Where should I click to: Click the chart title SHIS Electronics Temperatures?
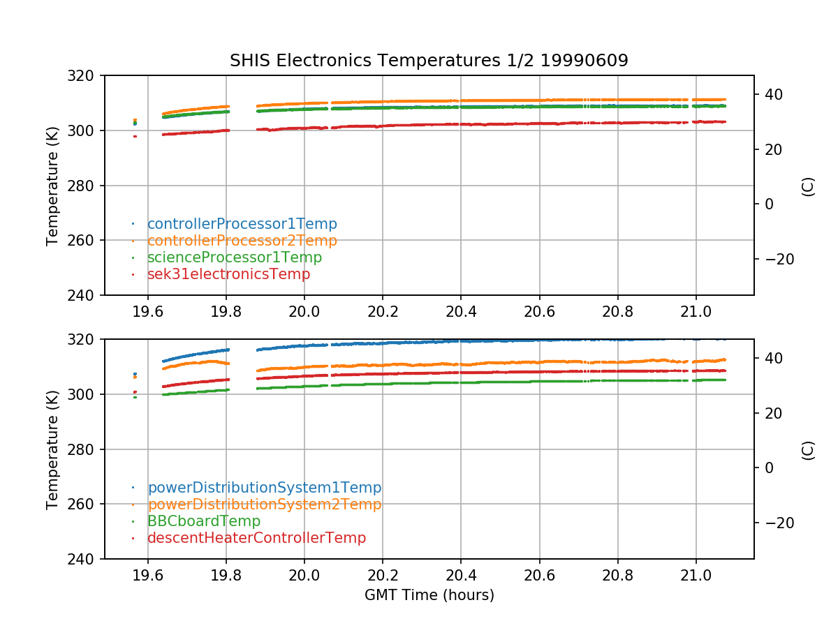click(x=429, y=61)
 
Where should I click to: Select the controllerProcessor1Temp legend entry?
click(x=242, y=224)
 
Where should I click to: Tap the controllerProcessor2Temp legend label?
click(x=242, y=241)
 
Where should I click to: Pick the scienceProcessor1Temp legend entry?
click(x=235, y=257)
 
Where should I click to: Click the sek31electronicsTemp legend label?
click(x=228, y=274)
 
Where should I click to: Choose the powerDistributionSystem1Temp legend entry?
click(x=264, y=488)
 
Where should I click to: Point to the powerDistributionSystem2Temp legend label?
click(x=264, y=504)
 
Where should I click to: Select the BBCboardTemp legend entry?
click(x=203, y=521)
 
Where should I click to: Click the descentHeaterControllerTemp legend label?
click(x=256, y=538)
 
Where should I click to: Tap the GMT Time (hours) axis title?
click(x=429, y=595)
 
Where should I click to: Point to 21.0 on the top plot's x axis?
click(x=696, y=311)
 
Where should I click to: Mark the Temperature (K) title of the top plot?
click(x=52, y=185)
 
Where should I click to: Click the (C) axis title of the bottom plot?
click(x=808, y=449)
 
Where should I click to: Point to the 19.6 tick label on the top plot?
click(x=147, y=311)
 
